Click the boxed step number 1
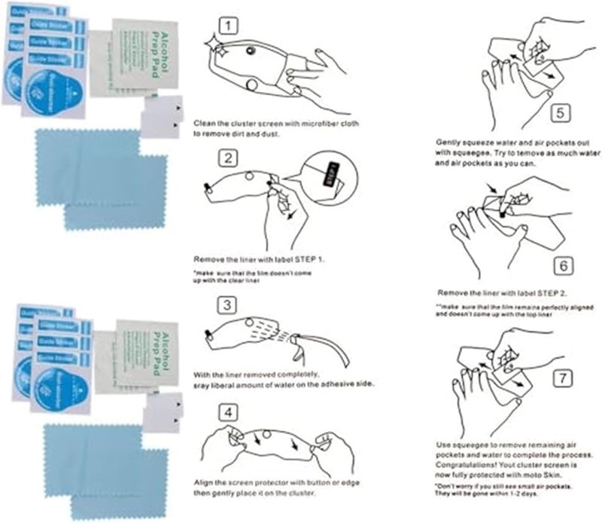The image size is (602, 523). [231, 26]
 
